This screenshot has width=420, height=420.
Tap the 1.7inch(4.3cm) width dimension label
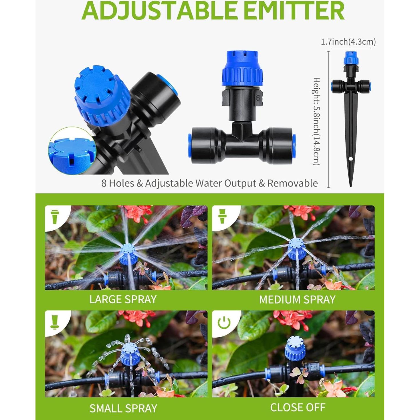coord(348,42)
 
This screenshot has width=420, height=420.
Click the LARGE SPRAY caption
coord(123,300)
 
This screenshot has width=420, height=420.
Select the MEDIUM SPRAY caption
coord(297,300)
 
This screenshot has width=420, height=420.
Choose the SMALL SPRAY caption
coord(123,408)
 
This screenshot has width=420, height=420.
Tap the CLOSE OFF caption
coord(298,407)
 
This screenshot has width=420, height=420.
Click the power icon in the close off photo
coord(224,322)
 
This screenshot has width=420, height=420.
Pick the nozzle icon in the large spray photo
coord(54,217)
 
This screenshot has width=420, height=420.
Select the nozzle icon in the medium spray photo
coord(222,216)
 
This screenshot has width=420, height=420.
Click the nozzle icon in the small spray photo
coord(54,322)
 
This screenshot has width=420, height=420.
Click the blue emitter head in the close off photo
coord(295,348)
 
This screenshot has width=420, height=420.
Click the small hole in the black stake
coord(350,159)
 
